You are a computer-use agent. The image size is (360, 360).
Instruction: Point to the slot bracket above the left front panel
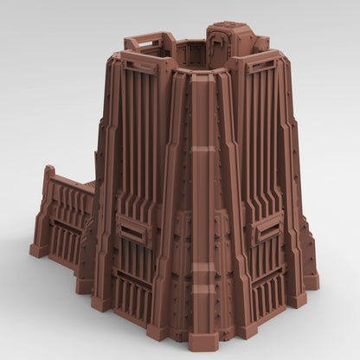[x=138, y=64]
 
